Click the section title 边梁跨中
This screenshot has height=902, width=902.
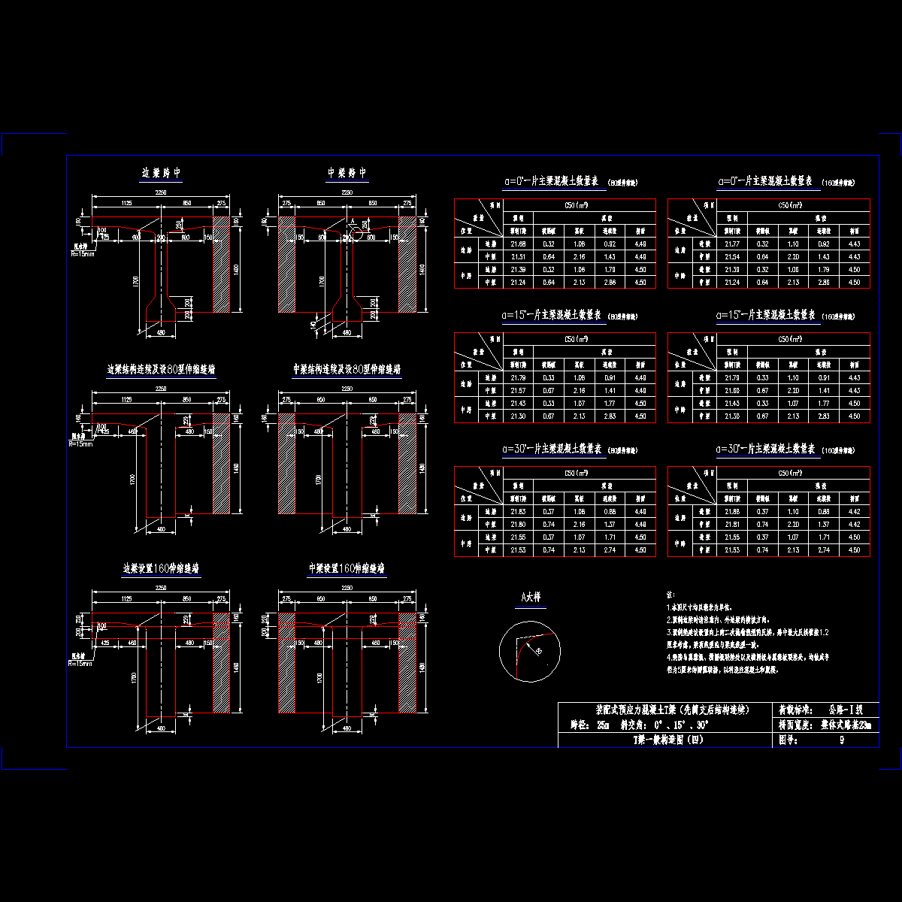click(162, 173)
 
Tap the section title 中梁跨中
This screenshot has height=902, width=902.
click(347, 173)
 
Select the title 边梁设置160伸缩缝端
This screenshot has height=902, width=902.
click(162, 569)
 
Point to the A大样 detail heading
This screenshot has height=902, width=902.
click(532, 598)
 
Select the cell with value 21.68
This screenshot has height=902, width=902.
click(518, 244)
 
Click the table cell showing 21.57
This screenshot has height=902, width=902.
click(518, 391)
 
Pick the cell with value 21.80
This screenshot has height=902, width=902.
click(518, 525)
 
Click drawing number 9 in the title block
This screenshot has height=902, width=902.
click(842, 740)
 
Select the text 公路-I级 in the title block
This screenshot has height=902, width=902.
click(845, 709)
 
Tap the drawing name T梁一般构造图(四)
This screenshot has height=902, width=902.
click(667, 740)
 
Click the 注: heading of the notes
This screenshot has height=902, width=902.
click(670, 594)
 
